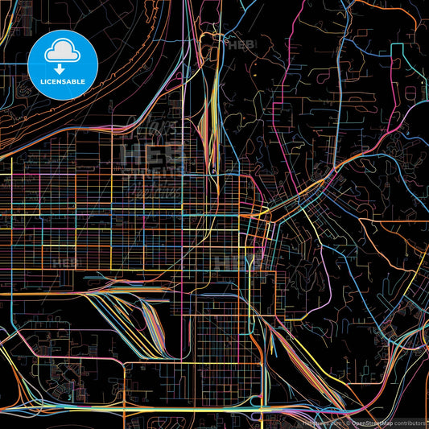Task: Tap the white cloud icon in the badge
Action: [62, 52]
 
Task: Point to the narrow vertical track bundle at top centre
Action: [212, 97]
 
